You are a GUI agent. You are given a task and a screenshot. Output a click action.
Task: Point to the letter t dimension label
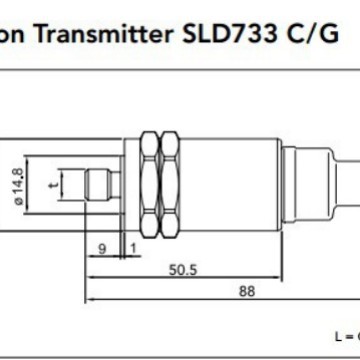pos(66,183)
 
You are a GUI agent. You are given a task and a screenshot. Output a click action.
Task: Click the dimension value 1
pos(132,246)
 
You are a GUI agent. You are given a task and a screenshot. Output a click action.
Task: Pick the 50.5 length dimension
pos(180,268)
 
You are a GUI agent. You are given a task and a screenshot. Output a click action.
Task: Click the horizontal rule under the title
pos(180,64)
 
